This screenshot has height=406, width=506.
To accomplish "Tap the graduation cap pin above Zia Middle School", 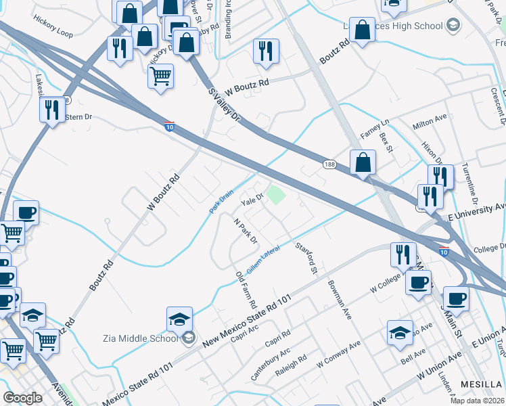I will pyautogui.click(x=179, y=319).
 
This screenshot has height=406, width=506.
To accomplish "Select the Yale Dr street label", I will pyautogui.click(x=252, y=198).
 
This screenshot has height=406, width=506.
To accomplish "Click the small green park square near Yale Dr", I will pyautogui.click(x=275, y=196).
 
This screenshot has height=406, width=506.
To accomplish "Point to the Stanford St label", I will pyautogui.click(x=306, y=256).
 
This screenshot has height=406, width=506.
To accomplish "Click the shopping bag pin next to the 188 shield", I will pyautogui.click(x=363, y=162).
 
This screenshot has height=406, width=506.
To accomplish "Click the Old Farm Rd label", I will pyautogui.click(x=244, y=289).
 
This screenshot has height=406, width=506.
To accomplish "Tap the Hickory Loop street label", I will pyautogui.click(x=52, y=32).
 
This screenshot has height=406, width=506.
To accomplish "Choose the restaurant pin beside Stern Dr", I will pyautogui.click(x=52, y=109).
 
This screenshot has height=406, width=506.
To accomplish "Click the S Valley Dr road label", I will pyautogui.click(x=225, y=104).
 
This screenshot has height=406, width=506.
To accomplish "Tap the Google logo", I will pyautogui.click(x=22, y=398).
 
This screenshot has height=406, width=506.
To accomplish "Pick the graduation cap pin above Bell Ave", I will pyautogui.click(x=400, y=332).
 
